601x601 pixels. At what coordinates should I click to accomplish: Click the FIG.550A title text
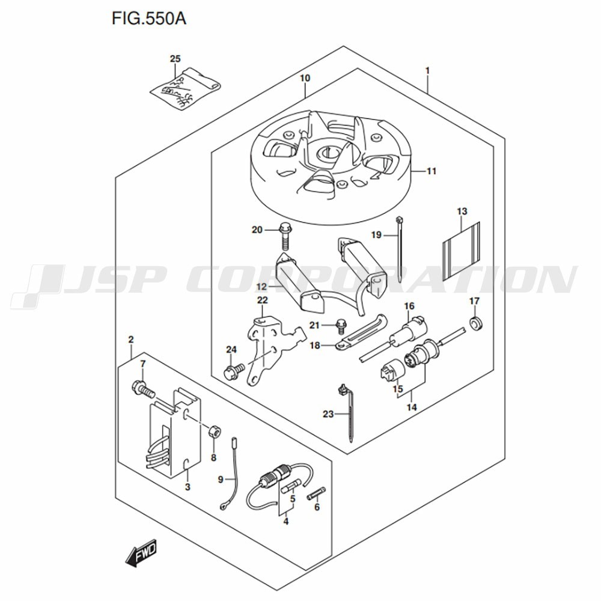[149, 18]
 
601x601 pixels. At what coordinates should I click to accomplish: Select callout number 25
[175, 59]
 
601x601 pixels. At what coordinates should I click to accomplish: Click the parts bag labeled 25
[185, 89]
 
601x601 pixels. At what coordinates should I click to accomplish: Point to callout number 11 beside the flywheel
[432, 171]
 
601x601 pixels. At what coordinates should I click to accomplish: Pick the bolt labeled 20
[285, 236]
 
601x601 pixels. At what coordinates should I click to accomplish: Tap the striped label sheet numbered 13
[462, 251]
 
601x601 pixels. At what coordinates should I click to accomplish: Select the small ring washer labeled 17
[476, 323]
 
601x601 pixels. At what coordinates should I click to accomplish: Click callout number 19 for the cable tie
[376, 234]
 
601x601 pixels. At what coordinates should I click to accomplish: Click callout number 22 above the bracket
[263, 300]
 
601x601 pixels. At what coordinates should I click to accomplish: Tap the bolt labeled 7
[144, 389]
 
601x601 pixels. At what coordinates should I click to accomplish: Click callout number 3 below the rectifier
[188, 487]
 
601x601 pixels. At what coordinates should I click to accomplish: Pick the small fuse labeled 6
[316, 493]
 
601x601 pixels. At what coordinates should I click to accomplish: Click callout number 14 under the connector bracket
[412, 407]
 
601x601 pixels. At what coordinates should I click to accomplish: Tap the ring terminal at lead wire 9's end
[223, 507]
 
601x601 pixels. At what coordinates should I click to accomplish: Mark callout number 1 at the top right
[427, 71]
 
